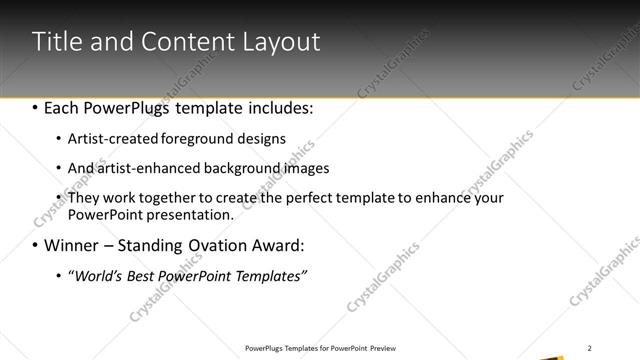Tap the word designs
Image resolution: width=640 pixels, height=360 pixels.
(x=262, y=139)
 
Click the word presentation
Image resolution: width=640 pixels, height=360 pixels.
(x=191, y=214)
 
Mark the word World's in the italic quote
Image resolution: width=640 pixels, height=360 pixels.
(x=98, y=276)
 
